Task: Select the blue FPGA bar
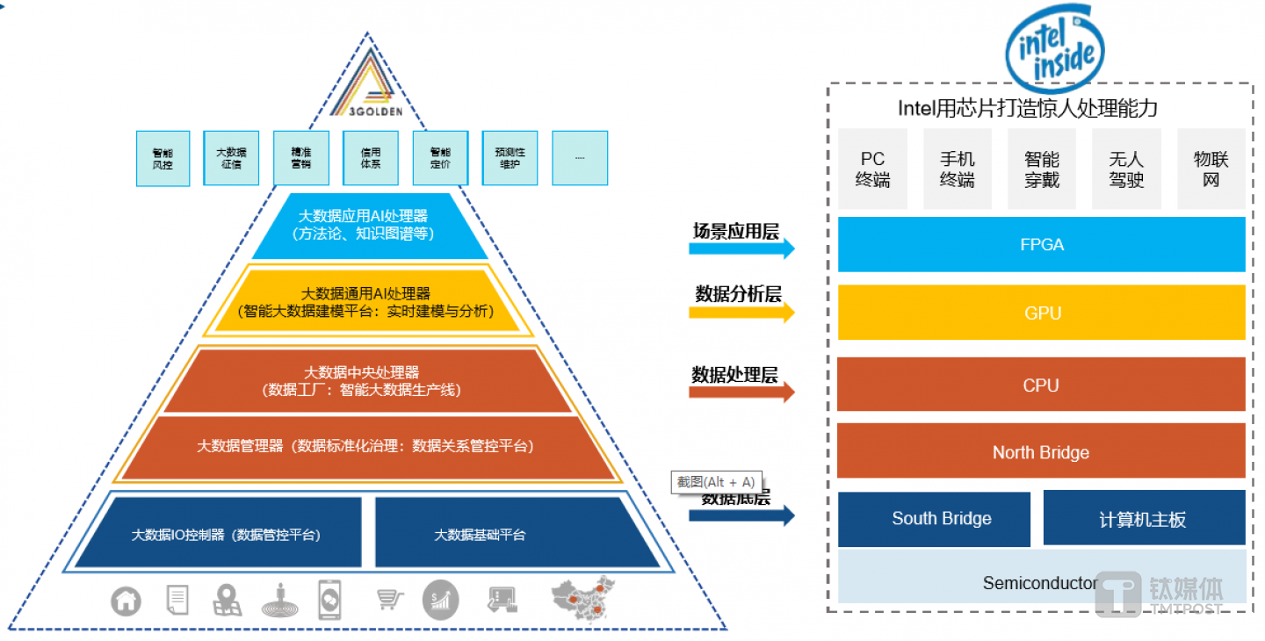coord(1042,245)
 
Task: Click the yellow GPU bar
coord(1042,313)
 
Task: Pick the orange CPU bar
coord(1041,385)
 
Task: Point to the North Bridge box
coord(1041,452)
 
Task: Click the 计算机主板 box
coord(1144,519)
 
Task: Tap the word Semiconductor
coord(1039,583)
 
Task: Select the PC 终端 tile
coord(872,169)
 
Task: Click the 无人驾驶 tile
coord(1126,169)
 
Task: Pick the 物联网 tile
coord(1211,169)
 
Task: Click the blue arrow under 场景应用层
coord(741,248)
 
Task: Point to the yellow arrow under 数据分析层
coord(741,312)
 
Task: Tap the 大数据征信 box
coord(231,158)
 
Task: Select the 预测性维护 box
coord(510,158)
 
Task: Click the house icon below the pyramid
coord(126,601)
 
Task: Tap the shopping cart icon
coord(390,600)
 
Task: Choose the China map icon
coord(582,597)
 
